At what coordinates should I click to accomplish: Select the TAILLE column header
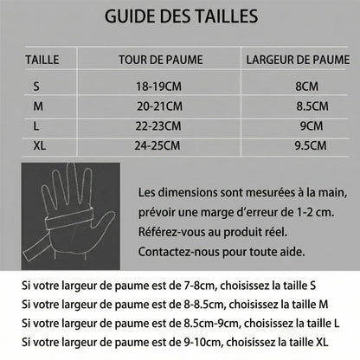click(42, 60)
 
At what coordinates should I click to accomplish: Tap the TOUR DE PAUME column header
click(161, 60)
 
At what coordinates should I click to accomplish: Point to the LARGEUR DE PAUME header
click(293, 60)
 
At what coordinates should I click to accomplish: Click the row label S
click(36, 87)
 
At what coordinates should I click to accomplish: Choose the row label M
click(37, 106)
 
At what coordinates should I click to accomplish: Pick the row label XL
click(39, 145)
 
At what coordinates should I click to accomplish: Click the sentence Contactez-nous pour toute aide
click(221, 251)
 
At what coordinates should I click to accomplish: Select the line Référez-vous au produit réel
click(213, 231)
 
